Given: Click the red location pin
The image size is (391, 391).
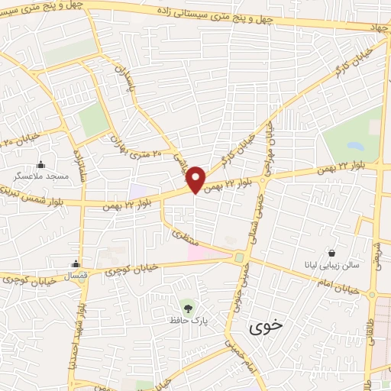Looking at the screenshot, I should [196, 179].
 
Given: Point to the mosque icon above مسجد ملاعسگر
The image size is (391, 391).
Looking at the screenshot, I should [40, 164].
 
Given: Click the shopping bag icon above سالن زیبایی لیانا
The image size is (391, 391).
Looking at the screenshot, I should [331, 252].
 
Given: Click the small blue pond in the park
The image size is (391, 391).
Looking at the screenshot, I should [355, 145].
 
